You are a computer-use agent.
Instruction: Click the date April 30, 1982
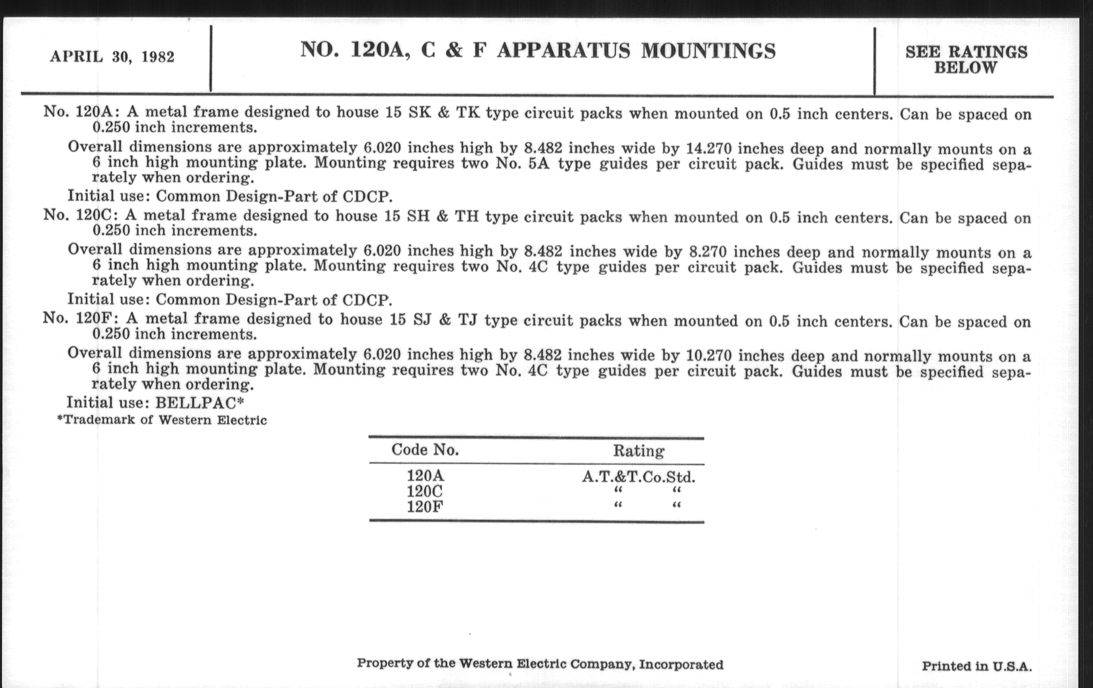point(112,57)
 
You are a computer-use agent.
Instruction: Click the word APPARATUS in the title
point(563,50)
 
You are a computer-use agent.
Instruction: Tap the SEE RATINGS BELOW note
point(966,59)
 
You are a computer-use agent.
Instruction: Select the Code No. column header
point(425,450)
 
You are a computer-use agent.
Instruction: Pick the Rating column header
point(639,451)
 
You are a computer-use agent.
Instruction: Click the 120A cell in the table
point(425,475)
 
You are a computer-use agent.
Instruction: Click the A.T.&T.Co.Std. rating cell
point(639,477)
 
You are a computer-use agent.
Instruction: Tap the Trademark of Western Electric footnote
point(162,420)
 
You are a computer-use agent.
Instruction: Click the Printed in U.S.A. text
point(977,666)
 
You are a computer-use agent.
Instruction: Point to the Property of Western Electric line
point(540,664)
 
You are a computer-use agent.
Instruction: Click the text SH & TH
point(443,216)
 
